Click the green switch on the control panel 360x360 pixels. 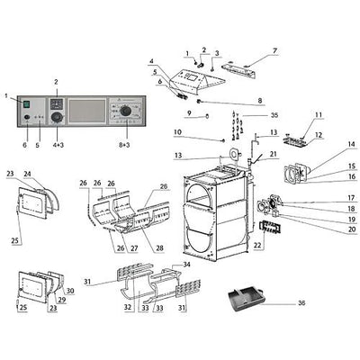tap(27, 104)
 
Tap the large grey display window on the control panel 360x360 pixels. tap(87, 111)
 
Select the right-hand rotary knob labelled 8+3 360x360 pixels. tap(126, 112)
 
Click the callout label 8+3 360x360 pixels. tap(124, 145)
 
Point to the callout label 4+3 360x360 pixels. tap(58, 145)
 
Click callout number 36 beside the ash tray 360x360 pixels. tap(301, 303)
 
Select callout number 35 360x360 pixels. tap(274, 115)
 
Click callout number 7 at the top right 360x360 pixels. tap(274, 50)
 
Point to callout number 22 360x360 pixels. tap(257, 246)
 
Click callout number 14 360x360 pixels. tap(351, 144)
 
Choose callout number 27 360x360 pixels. tap(134, 248)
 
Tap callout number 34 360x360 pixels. tap(186, 265)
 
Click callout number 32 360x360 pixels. tap(128, 308)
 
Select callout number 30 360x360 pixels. tap(70, 291)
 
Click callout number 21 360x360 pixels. tap(274, 154)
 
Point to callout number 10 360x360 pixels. tap(177, 132)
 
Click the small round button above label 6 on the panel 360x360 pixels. tap(27, 118)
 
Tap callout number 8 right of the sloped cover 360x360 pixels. tap(260, 101)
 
